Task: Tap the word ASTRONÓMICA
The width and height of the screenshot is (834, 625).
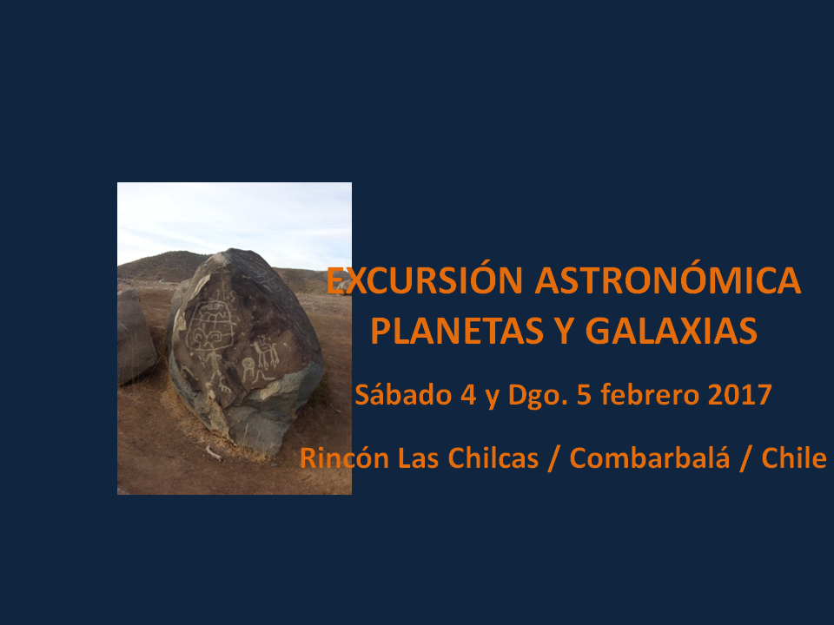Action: coord(668,280)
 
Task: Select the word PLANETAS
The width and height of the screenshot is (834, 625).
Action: coord(457,331)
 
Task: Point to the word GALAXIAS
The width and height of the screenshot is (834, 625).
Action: coord(672,331)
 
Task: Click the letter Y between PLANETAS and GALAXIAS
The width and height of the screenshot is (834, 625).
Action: coord(565,331)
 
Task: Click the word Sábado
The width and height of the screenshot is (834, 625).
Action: coord(403,394)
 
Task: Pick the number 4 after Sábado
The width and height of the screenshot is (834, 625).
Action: coord(468,395)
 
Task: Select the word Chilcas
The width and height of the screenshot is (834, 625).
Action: coord(493,457)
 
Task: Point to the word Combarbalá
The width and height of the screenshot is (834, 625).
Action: coord(650,457)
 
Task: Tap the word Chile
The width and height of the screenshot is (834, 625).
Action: coord(794,457)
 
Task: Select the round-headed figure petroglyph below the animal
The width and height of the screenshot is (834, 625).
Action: coord(250,371)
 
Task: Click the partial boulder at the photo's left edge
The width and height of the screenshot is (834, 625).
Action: coord(136,336)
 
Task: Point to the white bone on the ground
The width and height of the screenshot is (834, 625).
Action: coord(214,453)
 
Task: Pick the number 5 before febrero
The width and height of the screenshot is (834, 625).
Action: coord(584,395)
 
